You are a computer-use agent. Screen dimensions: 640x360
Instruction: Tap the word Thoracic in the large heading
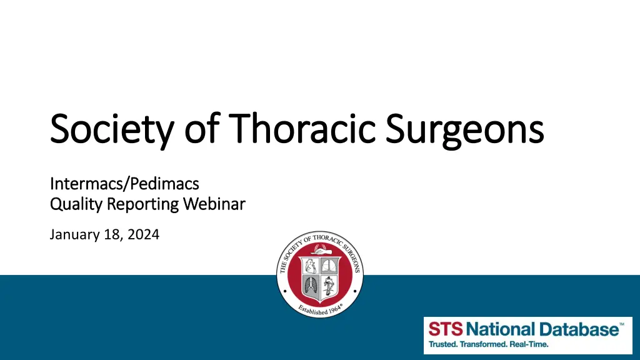(302, 128)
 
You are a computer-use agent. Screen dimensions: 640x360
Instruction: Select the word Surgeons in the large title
(464, 131)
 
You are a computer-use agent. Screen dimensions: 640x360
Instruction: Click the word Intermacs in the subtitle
(85, 184)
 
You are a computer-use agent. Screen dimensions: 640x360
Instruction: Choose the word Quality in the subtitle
(76, 204)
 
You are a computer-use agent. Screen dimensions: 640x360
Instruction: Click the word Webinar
(214, 204)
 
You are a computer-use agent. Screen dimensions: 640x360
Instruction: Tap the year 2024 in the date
(143, 235)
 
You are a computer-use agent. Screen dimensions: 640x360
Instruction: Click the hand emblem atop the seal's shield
(320, 250)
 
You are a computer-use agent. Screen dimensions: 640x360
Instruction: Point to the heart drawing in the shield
(311, 266)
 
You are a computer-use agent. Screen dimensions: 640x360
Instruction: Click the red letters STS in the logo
(446, 329)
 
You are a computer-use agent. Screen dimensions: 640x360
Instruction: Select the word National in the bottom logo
(501, 329)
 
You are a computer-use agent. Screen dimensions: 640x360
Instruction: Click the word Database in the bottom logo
(579, 329)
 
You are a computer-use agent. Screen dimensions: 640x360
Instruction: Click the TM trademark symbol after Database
(622, 324)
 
